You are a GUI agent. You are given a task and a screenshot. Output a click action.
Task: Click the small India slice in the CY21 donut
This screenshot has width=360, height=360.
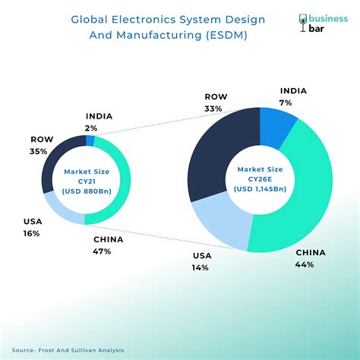point(90,141)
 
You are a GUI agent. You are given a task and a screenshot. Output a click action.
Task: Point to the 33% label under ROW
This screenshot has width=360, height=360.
point(213,109)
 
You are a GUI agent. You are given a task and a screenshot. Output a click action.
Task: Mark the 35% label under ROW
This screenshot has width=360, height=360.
point(39,151)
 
